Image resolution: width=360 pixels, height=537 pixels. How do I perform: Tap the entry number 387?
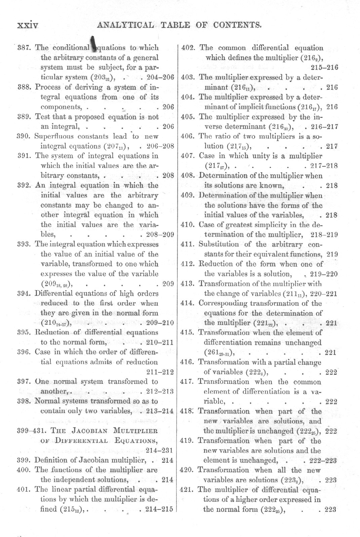pos(25,48)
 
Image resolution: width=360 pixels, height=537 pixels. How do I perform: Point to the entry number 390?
pos(25,136)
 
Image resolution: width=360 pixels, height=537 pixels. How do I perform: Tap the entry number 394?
pos(25,294)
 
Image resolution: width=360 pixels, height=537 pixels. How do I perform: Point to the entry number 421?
pos(188,490)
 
